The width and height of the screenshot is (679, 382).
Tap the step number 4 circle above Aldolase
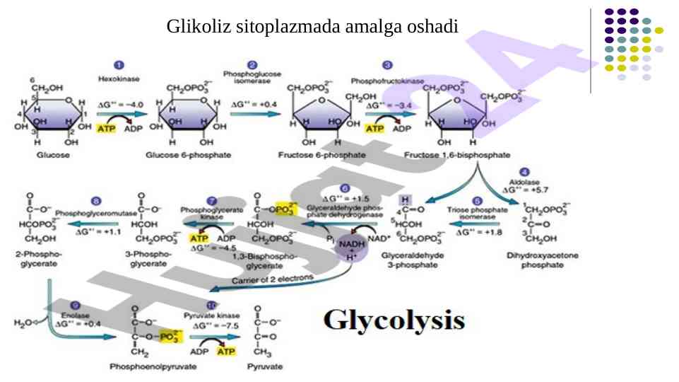[524, 172]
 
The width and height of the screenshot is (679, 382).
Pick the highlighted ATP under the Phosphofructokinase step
[374, 129]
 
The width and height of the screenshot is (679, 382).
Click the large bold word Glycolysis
[394, 320]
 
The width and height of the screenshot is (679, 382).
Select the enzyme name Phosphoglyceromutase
[96, 212]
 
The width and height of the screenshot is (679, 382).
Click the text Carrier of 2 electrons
[273, 280]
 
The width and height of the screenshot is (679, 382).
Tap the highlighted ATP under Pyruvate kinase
[227, 351]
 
